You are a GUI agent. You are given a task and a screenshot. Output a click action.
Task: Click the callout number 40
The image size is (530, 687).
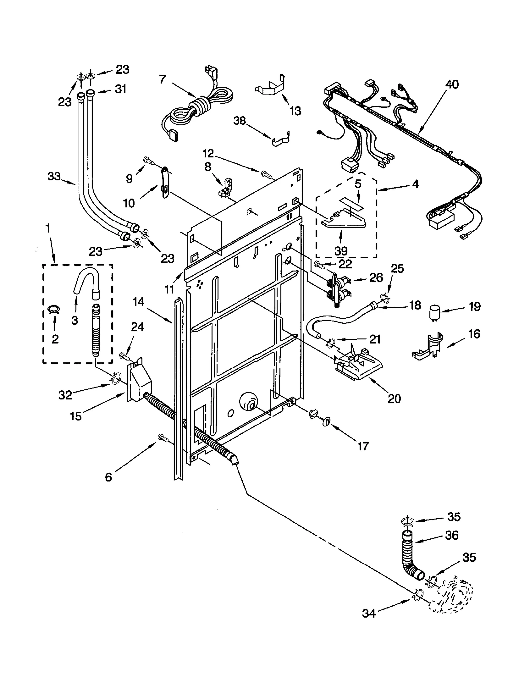pyautogui.click(x=452, y=85)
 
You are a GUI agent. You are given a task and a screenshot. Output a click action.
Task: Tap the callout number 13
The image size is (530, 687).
pyautogui.click(x=295, y=111)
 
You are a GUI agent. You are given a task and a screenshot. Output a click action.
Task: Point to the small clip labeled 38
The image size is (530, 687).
pyautogui.click(x=281, y=139)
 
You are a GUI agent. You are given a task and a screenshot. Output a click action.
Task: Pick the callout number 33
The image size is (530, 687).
pyautogui.click(x=54, y=176)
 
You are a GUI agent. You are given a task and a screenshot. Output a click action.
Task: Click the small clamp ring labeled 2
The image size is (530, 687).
pyautogui.click(x=54, y=309)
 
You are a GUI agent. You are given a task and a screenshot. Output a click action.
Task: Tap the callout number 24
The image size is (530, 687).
pyautogui.click(x=137, y=327)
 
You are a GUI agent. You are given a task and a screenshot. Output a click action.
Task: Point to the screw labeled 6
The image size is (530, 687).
pyautogui.click(x=163, y=438)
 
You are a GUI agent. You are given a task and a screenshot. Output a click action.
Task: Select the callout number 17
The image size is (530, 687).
pyautogui.click(x=363, y=446)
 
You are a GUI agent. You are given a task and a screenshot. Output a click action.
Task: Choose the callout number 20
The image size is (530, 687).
pyautogui.click(x=394, y=399)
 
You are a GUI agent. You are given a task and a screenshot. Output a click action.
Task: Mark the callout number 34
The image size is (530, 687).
pyautogui.click(x=369, y=613)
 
